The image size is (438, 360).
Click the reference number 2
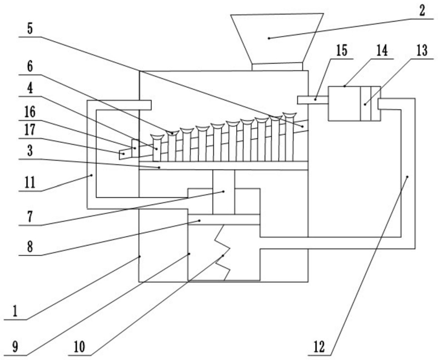421,11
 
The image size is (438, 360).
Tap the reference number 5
30,28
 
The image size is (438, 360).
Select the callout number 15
341,51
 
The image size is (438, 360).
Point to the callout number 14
382,51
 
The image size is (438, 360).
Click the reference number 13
422,51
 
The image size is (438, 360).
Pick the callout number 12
319,347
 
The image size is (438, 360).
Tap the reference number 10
79,347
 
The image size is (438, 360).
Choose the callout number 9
15,347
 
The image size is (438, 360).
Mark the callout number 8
30,247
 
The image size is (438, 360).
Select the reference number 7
30,217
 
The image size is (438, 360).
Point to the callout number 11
30,183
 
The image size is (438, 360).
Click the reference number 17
30,130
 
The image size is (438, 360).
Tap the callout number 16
30,112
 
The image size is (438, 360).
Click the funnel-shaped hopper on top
277,38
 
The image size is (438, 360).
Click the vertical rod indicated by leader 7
224,192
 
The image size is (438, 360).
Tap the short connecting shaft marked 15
313,100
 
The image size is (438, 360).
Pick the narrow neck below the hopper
277,67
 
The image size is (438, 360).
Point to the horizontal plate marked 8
224,220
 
